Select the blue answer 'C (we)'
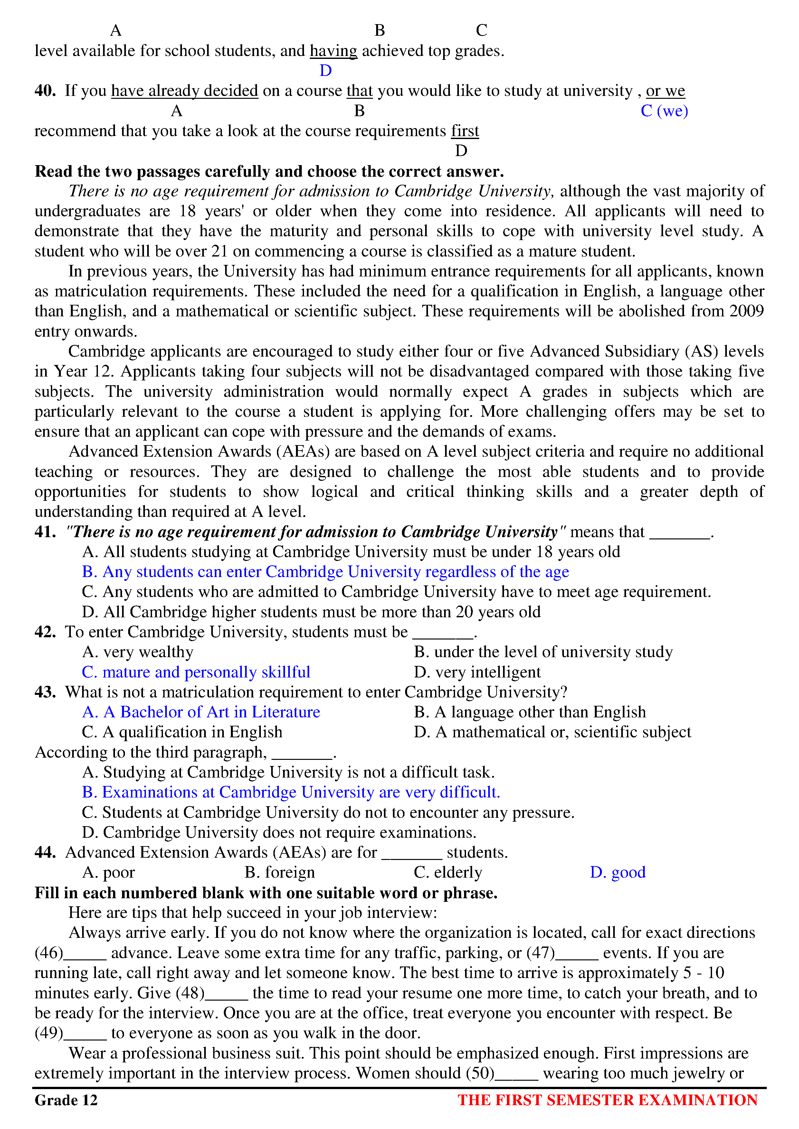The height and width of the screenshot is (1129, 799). (664, 111)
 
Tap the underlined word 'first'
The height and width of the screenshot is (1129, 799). (465, 131)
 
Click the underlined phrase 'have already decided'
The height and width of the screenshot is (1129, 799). (185, 91)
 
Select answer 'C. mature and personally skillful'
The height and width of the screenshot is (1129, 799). (196, 672)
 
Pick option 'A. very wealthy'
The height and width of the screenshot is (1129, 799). (138, 652)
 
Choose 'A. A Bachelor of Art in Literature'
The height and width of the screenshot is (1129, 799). (201, 712)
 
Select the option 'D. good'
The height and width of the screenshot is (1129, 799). (617, 872)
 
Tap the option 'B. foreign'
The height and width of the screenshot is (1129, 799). (280, 872)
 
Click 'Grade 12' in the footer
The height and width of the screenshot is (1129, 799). (66, 1100)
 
